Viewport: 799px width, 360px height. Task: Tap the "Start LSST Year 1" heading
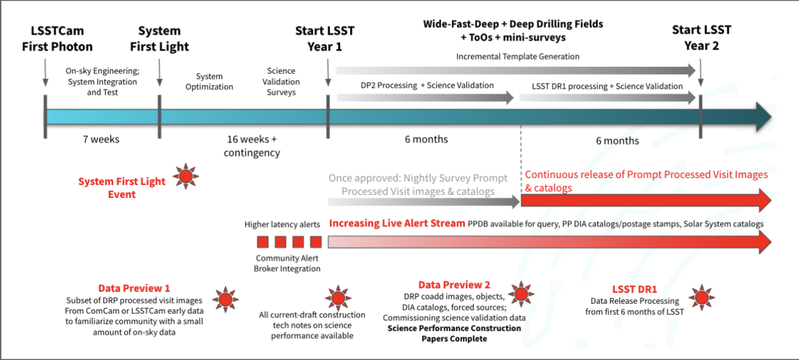325,38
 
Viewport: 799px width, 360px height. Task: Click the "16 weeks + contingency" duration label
252,146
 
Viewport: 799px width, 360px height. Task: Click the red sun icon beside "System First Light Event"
186,177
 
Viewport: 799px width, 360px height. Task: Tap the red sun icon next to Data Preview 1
225,299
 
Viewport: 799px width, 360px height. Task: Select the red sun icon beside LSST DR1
702,297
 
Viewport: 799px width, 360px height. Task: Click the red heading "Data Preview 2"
454,285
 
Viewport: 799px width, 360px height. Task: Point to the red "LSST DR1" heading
634,289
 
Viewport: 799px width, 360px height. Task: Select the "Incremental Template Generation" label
518,57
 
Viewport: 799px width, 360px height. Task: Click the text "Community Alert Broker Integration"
288,264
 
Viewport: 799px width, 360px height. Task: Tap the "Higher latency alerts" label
283,225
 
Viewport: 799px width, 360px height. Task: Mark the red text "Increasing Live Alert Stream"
396,224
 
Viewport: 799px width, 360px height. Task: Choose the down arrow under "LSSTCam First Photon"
45,75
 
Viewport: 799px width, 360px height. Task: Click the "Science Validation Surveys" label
281,82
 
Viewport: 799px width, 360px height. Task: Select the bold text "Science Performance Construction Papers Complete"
454,333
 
